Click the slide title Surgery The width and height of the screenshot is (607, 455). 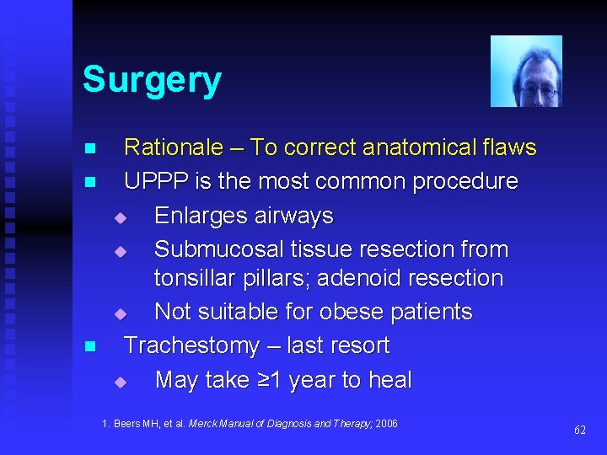pos(152,81)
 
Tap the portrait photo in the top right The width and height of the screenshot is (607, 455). pos(526,71)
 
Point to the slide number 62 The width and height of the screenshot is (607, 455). pos(580,430)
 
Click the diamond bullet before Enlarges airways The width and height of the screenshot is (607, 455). pos(120,217)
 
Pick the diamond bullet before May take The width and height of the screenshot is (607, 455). pos(120,382)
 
